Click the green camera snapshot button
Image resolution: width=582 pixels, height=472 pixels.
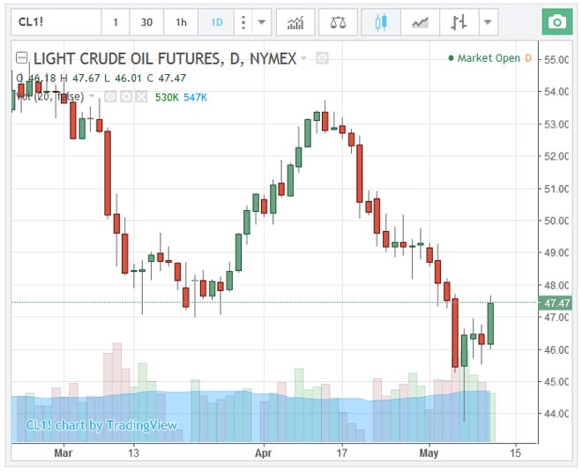pos(556,22)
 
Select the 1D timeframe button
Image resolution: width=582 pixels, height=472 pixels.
pos(216,22)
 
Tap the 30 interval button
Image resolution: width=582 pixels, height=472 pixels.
pos(146,22)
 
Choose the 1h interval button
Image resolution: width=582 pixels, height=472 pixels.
pos(181,22)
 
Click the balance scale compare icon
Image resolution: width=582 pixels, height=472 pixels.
pos(338,22)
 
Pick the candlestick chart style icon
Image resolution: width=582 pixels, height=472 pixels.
pos(381,22)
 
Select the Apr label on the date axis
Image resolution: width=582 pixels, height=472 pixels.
pos(264,453)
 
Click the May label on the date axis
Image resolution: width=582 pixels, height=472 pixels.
pos(429,453)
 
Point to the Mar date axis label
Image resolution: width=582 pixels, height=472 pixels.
pos(63,453)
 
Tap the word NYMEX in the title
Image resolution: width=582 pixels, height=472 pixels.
pos(270,59)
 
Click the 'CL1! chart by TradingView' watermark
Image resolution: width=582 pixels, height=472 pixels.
pos(101,425)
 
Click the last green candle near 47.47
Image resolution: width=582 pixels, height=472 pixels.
pos(490,323)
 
